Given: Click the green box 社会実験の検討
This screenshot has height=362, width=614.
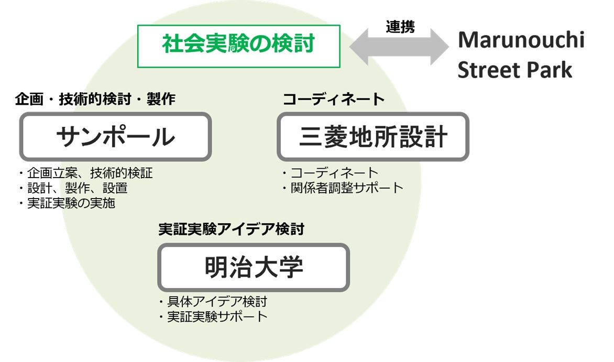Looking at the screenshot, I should tap(238, 46).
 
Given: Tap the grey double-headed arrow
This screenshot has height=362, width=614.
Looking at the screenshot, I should tap(400, 47).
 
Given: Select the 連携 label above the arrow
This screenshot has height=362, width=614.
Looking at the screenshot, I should tap(400, 27).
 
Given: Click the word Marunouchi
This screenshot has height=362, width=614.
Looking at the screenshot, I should tap(521, 40).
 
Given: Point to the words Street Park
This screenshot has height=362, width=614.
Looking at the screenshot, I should tap(514, 70).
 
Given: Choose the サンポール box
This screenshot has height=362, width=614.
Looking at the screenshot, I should tap(115, 137).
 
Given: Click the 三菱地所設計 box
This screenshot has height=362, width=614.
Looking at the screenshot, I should tap(373, 137).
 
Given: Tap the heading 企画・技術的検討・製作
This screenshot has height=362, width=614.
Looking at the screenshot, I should tap(95, 99).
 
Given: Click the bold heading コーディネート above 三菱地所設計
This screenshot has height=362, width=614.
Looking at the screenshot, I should tap(334, 99).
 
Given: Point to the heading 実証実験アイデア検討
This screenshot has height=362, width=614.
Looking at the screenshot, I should tap(231, 229).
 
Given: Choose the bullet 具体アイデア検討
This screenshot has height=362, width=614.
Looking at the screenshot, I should tap(212, 302).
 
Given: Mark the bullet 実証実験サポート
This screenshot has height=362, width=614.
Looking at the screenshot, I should tap(212, 316).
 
